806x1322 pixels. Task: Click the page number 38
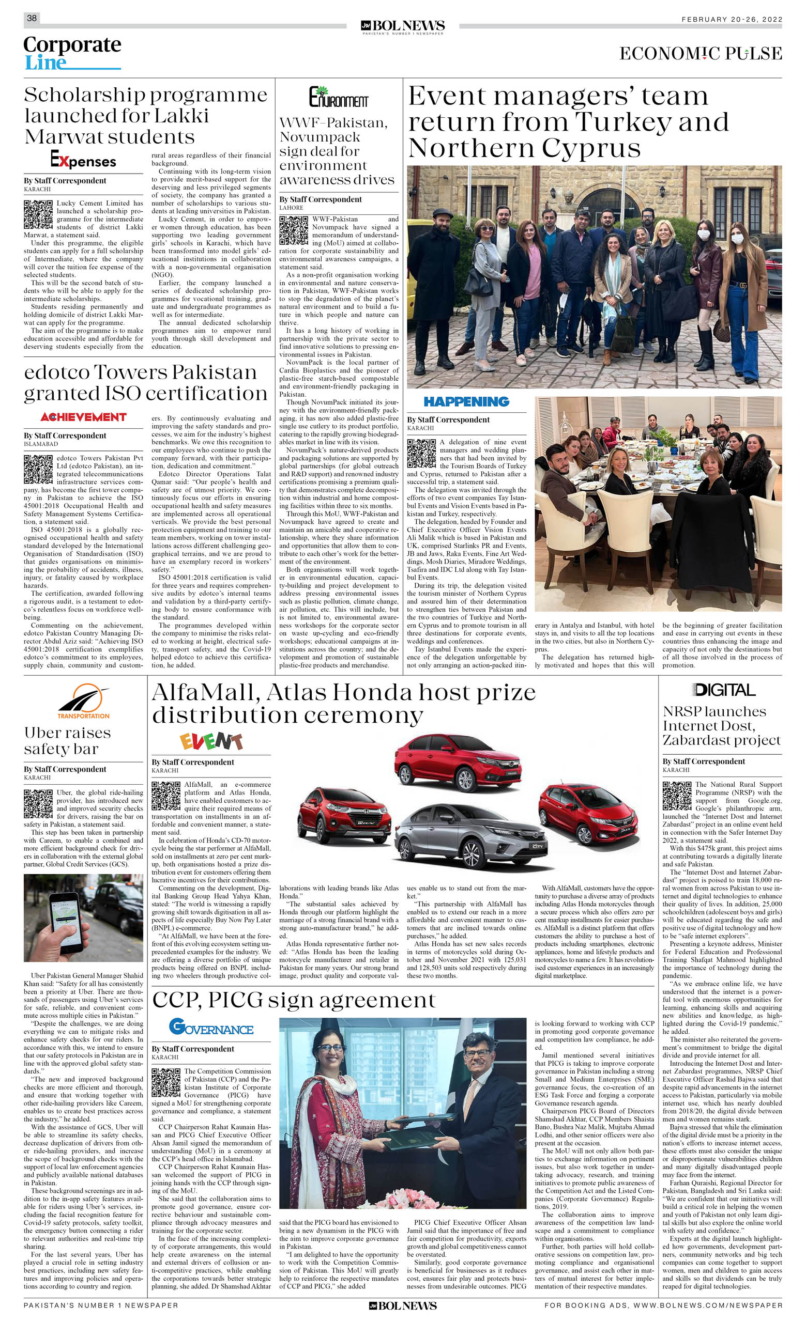point(32,18)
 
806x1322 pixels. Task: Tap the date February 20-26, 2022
point(732,19)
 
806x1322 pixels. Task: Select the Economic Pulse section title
point(700,54)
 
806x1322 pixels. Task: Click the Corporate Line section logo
point(72,53)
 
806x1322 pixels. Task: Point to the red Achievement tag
point(83,417)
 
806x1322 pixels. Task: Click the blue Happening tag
point(466,401)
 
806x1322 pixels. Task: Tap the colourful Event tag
point(210,741)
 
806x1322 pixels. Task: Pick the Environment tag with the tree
point(338,97)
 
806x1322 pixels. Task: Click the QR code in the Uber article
point(38,803)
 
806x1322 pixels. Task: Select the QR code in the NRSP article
point(677,795)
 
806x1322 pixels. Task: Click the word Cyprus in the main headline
point(591,148)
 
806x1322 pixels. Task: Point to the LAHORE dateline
point(291,208)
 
